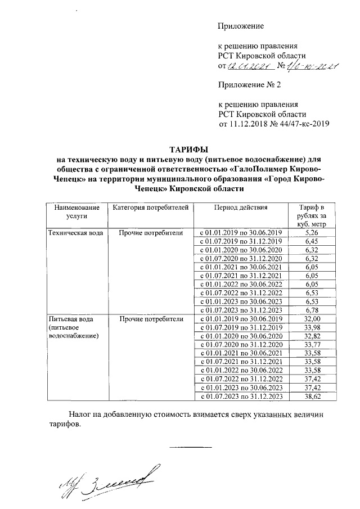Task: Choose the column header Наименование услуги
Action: tap(73, 211)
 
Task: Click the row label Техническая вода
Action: tap(75, 232)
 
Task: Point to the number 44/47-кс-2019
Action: tap(301, 124)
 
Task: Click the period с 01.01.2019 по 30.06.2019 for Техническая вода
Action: tap(240, 232)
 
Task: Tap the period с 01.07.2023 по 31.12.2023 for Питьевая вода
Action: tap(240, 397)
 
